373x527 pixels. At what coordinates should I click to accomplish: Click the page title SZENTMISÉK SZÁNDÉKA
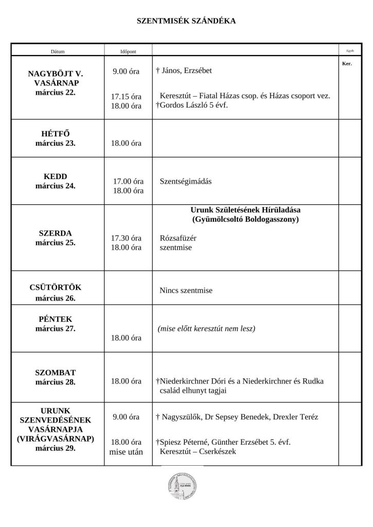[x=186, y=21]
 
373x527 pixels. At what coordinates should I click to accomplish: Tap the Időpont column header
[x=127, y=51]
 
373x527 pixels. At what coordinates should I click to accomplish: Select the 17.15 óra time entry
[x=127, y=96]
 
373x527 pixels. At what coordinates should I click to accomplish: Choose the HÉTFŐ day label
[x=56, y=134]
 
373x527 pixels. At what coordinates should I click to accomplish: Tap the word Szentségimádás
[x=186, y=182]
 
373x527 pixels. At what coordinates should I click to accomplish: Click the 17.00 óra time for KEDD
[x=128, y=182]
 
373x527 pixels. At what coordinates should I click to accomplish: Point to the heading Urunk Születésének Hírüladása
[x=245, y=210]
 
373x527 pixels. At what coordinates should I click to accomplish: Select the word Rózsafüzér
[x=179, y=238]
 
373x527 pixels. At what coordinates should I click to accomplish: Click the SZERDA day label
[x=56, y=233]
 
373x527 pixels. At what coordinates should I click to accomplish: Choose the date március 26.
[x=56, y=298]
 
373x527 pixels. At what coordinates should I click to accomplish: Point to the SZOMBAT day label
[x=56, y=373]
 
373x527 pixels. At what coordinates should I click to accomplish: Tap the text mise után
[x=127, y=452]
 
